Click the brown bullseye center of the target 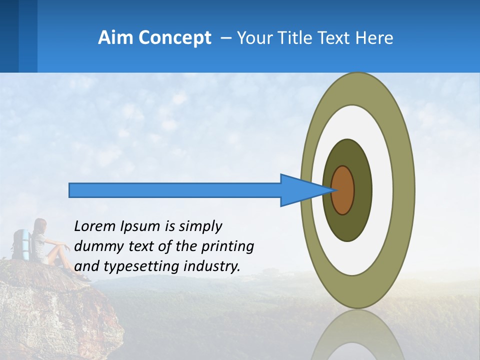[342, 190]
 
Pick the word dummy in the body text [95, 246]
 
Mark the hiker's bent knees [62, 245]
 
